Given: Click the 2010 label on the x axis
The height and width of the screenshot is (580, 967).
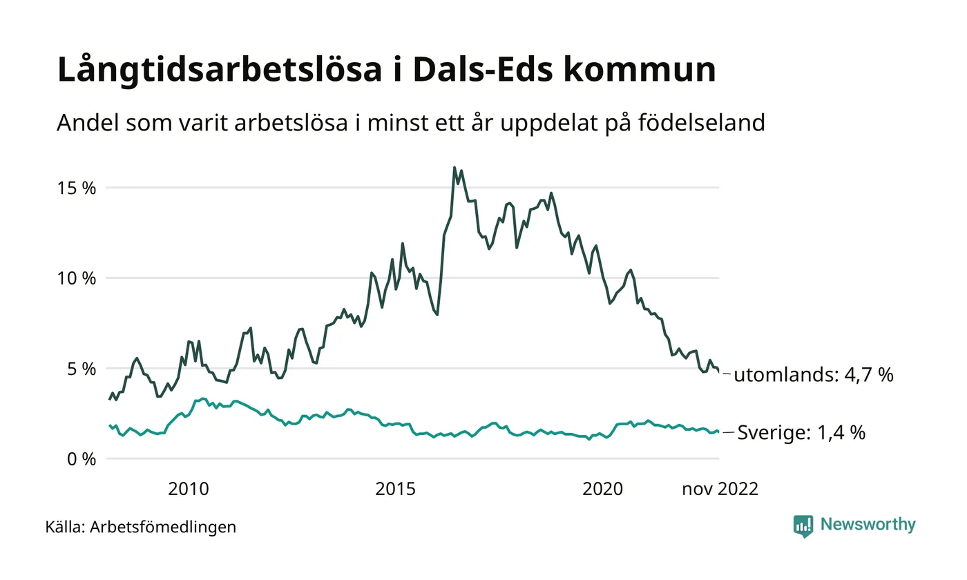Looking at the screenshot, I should [189, 490].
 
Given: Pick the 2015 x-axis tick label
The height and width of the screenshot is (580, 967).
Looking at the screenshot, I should [396, 490].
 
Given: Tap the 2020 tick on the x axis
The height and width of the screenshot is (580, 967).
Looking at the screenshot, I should [603, 490].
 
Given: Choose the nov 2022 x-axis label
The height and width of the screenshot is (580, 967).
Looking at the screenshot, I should [720, 490].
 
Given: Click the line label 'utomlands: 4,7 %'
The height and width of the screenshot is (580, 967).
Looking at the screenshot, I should [814, 376].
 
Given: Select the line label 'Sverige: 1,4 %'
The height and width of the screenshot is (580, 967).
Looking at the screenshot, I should [801, 433].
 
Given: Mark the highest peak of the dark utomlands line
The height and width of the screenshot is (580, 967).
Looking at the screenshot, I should [454, 168].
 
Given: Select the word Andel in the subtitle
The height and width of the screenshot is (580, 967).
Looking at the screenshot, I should [82, 123].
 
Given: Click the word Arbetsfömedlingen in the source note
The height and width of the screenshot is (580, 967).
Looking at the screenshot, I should [163, 528].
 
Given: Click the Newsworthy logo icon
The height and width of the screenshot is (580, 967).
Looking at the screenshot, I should [803, 526].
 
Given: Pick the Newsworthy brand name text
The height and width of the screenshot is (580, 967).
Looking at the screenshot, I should [868, 525].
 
